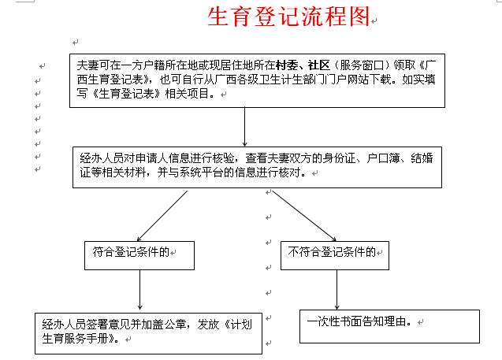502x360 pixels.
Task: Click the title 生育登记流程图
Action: point(288,18)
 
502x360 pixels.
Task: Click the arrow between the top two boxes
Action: point(245,127)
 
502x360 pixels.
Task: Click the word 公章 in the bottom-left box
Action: point(174,325)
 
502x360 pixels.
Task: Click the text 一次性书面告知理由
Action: point(359,322)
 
